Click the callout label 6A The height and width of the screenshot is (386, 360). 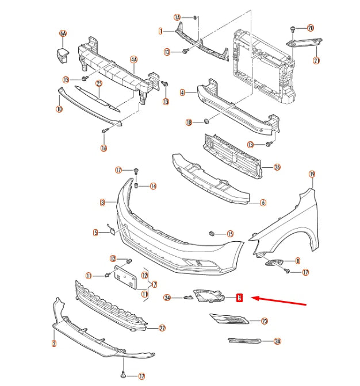click(x=63, y=34)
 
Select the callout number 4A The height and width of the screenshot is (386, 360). click(x=134, y=59)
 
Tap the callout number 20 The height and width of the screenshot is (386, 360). click(x=311, y=28)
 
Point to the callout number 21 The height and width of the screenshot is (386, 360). click(x=316, y=60)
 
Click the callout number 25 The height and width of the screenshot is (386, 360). click(x=98, y=83)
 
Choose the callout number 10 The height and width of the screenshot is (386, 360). click(x=59, y=109)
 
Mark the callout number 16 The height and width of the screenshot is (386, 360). click(x=104, y=148)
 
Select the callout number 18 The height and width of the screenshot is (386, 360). click(x=189, y=122)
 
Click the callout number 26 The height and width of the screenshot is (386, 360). click(x=277, y=167)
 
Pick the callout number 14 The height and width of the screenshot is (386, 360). click(x=153, y=186)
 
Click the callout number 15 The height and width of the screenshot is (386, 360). click(x=230, y=234)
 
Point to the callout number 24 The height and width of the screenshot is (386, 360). click(x=167, y=298)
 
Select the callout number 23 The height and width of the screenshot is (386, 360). click(x=265, y=321)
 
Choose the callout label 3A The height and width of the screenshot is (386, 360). click(x=278, y=341)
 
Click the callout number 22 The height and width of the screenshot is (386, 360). click(x=162, y=328)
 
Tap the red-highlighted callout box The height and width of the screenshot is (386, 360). click(x=240, y=298)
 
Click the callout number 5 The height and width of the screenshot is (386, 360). click(x=96, y=233)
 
